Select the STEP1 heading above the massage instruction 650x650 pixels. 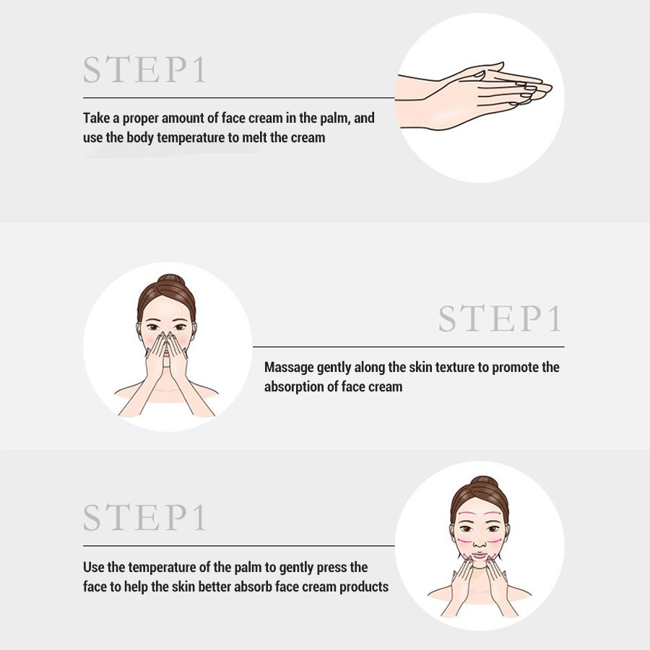[500, 318]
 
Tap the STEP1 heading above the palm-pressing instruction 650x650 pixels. [144, 517]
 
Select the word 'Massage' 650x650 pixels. [289, 367]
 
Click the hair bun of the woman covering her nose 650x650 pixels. [167, 279]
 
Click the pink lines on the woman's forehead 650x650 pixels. [480, 515]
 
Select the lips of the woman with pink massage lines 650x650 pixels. [480, 558]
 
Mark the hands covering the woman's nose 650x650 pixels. [167, 354]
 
